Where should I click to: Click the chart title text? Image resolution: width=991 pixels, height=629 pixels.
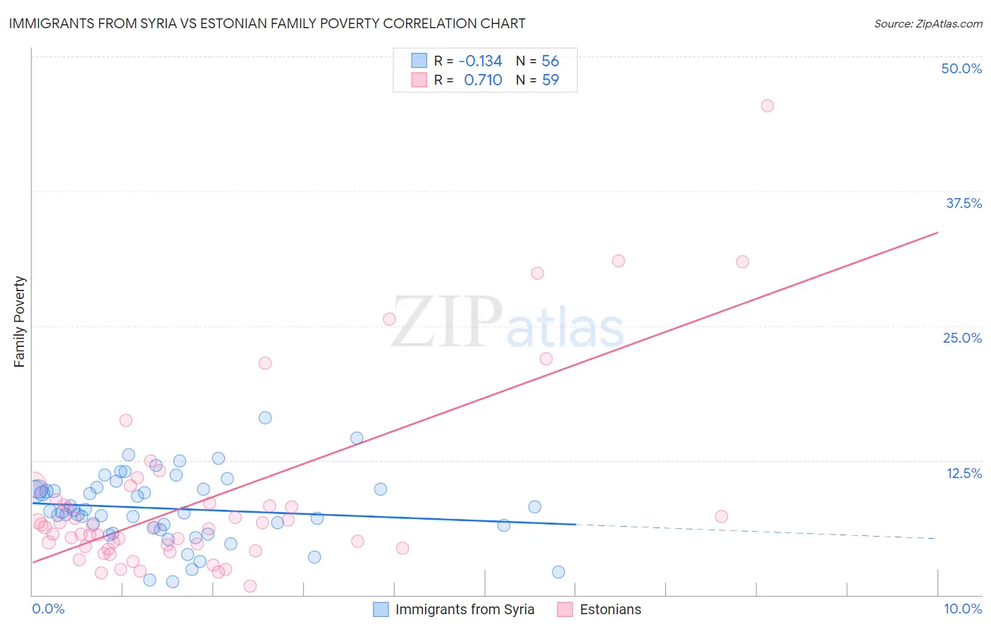pos(267,23)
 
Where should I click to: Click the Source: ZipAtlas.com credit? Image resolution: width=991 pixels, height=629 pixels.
pos(928,23)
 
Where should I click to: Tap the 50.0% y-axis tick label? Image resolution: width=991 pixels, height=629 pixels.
pos(961,68)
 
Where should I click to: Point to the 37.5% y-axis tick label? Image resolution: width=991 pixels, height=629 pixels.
pos(964,203)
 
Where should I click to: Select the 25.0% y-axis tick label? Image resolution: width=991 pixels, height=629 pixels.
pos(962,338)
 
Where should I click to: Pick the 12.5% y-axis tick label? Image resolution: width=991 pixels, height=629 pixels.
pos(964,473)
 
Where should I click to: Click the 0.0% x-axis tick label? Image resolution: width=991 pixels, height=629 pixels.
pos(48,609)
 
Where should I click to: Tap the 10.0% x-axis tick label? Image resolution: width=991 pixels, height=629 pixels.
pos(962,609)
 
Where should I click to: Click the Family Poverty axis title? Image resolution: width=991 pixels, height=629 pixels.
pos(20,322)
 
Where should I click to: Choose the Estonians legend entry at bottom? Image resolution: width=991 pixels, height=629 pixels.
pos(610,609)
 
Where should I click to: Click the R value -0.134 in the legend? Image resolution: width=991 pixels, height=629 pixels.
pos(480,61)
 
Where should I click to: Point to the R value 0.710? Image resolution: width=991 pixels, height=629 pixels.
pos(483,80)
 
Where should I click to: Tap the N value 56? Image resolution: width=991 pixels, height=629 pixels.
pos(550,61)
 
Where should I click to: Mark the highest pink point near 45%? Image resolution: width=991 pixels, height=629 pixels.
pos(767,106)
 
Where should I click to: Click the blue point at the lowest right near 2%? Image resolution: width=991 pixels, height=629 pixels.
pos(558,572)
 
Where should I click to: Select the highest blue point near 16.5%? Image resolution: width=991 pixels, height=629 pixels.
pos(265,417)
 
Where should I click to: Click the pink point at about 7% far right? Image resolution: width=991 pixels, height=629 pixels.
pos(721,516)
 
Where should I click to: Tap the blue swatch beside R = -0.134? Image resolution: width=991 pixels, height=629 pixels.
pos(419,61)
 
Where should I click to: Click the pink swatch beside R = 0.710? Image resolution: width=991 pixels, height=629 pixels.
pos(419,80)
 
